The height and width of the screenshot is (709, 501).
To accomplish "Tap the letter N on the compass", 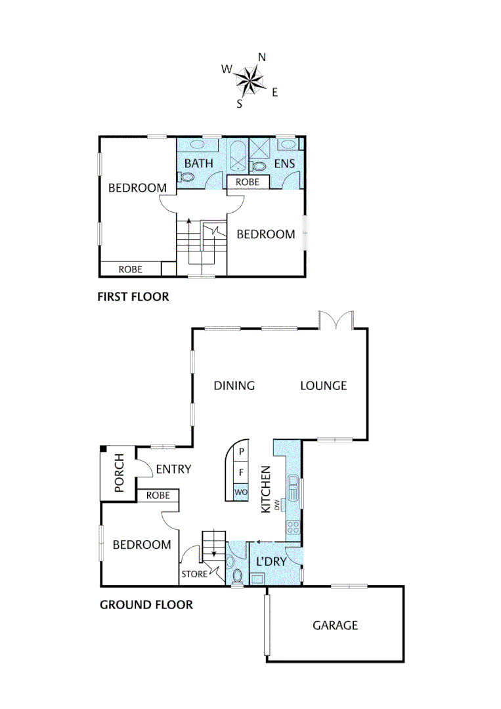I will pyautogui.click(x=262, y=57).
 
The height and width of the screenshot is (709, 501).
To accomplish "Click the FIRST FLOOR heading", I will pyautogui.click(x=133, y=297).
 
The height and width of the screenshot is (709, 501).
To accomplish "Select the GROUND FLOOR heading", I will pyautogui.click(x=146, y=605).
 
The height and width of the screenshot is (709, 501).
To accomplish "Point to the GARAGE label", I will pyautogui.click(x=335, y=625).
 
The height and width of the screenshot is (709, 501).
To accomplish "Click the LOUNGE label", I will pyautogui.click(x=323, y=385).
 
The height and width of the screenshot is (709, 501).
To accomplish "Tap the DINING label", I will pyautogui.click(x=234, y=385).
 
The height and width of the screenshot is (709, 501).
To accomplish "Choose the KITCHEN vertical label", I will pyautogui.click(x=266, y=489).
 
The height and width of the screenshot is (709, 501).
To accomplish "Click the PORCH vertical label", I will pyautogui.click(x=120, y=473).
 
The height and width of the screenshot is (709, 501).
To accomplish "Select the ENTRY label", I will pyautogui.click(x=173, y=469).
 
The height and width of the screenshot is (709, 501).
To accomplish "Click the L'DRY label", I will pyautogui.click(x=270, y=561).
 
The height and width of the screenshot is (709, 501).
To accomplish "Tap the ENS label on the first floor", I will pyautogui.click(x=284, y=163).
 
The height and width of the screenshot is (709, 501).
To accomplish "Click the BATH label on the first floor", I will pyautogui.click(x=198, y=163).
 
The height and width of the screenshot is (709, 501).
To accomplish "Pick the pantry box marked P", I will pyautogui.click(x=241, y=451).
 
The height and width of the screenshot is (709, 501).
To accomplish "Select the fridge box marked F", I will pyautogui.click(x=241, y=472).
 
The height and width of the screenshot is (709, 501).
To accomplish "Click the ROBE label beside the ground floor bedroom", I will pyautogui.click(x=158, y=496).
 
